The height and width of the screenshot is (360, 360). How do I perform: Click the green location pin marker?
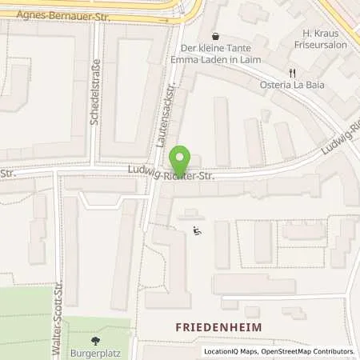pyautogui.click(x=182, y=161)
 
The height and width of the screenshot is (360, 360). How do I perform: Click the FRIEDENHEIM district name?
pyautogui.click(x=214, y=327)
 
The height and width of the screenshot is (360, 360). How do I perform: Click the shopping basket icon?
pyautogui.click(x=215, y=35)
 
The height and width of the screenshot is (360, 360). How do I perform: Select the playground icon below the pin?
pyautogui.click(x=198, y=232)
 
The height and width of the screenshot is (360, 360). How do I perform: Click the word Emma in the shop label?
pyautogui.click(x=194, y=59)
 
